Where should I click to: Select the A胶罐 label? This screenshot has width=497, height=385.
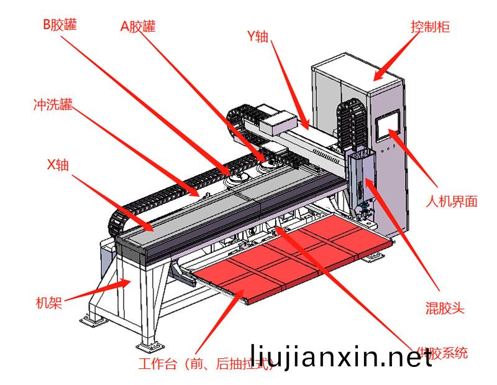point(138,26)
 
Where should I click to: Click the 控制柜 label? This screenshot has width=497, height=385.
point(430,27)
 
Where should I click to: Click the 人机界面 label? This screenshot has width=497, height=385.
point(452,202)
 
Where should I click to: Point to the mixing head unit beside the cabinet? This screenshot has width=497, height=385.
point(361,180)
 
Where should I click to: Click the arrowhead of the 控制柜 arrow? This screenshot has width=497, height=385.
point(376,77)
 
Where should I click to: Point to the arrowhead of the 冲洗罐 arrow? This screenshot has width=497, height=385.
point(200,196)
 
